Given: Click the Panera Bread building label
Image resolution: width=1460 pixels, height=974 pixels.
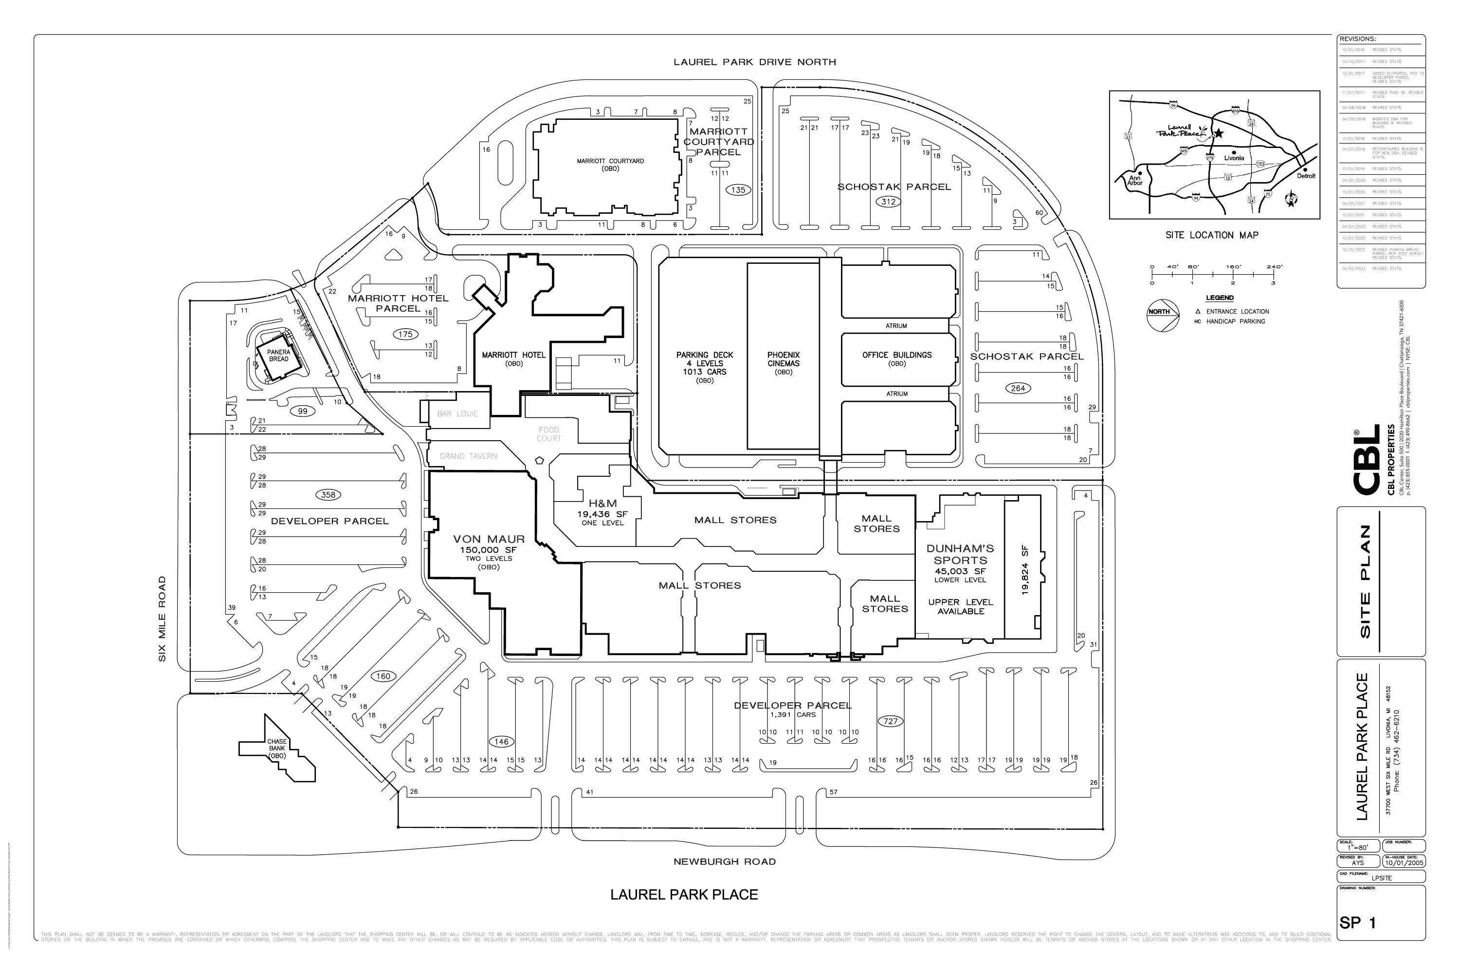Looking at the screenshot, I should pyautogui.click(x=279, y=356).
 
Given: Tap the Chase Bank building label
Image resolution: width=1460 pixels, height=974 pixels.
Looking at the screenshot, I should pyautogui.click(x=277, y=749).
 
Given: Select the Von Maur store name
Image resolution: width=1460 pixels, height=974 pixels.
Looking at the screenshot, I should pyautogui.click(x=489, y=539).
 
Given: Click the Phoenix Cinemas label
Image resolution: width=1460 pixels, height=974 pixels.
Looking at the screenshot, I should pyautogui.click(x=784, y=360).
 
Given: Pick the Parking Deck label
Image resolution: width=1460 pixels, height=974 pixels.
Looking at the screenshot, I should pyautogui.click(x=705, y=363).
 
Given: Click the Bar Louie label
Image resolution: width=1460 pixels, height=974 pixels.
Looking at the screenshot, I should pyautogui.click(x=457, y=413).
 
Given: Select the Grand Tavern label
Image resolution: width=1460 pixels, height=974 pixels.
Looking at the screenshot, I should pyautogui.click(x=468, y=456).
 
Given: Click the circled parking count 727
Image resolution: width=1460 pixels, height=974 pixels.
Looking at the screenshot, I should pyautogui.click(x=890, y=721).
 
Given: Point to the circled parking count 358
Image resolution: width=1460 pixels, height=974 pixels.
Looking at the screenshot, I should pyautogui.click(x=328, y=495).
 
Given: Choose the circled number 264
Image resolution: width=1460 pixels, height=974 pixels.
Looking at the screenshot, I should pyautogui.click(x=1018, y=388).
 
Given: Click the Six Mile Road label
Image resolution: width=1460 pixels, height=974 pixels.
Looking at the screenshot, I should pyautogui.click(x=163, y=618).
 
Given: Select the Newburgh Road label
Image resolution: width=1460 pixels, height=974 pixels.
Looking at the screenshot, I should pyautogui.click(x=725, y=862).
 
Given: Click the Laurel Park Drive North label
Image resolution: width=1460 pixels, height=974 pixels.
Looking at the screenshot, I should pyautogui.click(x=755, y=62).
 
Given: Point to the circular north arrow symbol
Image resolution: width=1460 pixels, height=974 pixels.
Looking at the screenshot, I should pyautogui.click(x=1162, y=316).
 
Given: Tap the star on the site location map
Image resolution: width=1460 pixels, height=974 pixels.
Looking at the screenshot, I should pyautogui.click(x=1219, y=133).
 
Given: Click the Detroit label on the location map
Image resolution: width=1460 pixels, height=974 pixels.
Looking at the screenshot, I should pyautogui.click(x=1306, y=176).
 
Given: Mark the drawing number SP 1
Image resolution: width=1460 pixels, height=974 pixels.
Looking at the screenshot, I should pyautogui.click(x=1358, y=923).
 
